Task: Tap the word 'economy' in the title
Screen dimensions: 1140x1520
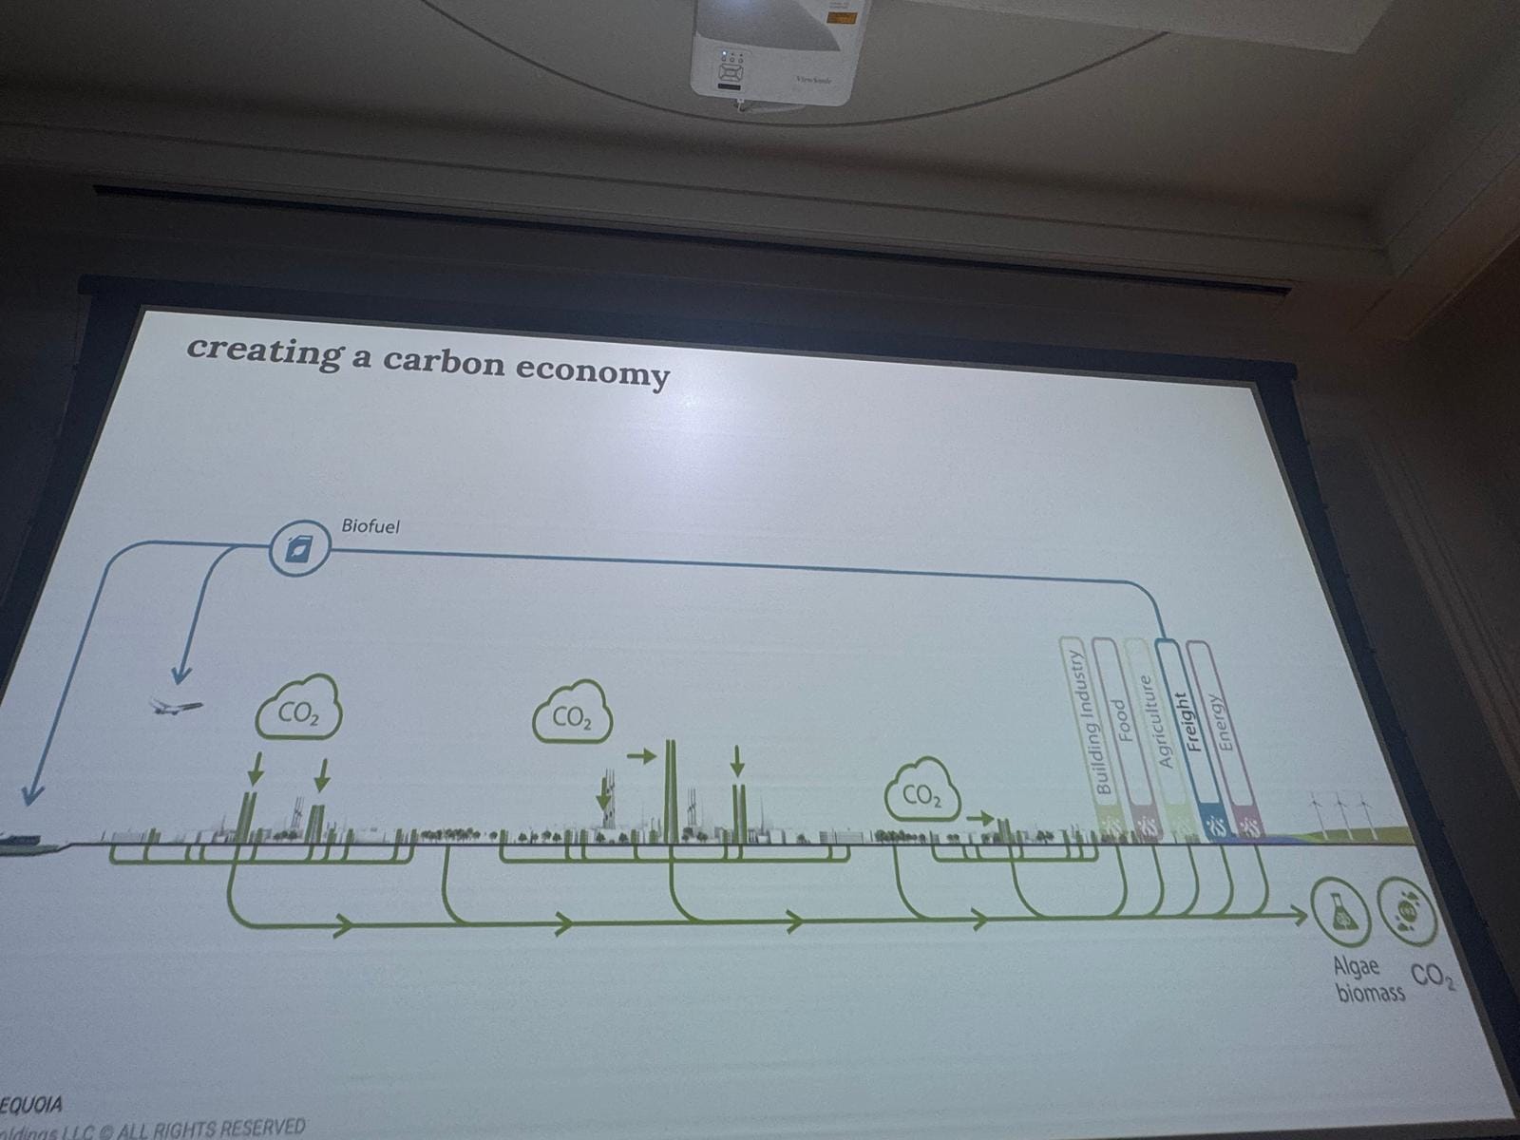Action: [x=593, y=370]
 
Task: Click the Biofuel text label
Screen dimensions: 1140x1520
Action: [x=370, y=525]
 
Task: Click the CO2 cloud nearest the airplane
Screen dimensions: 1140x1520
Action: [x=298, y=713]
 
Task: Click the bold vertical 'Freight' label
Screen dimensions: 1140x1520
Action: [x=1184, y=722]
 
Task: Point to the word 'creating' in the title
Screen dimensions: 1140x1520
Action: [x=265, y=350]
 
